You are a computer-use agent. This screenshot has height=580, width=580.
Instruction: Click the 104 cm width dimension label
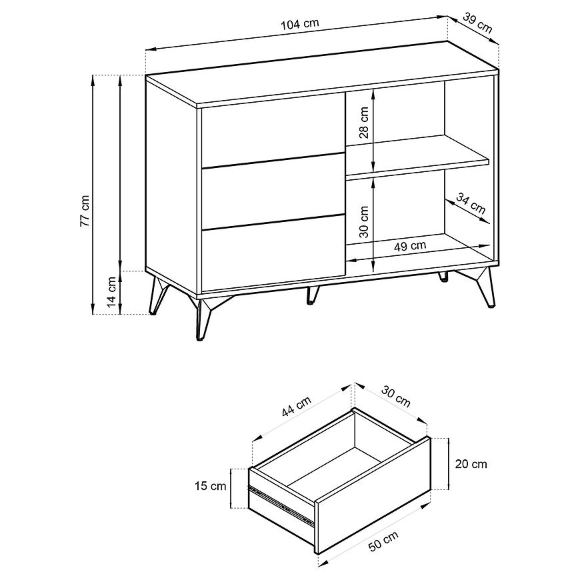click(299, 25)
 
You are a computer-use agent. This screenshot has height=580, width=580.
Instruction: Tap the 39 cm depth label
click(477, 23)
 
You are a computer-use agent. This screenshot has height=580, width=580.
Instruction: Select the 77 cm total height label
click(85, 211)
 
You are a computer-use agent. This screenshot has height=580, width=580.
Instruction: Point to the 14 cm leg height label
click(112, 292)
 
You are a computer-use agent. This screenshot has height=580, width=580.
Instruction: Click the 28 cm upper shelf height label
click(364, 123)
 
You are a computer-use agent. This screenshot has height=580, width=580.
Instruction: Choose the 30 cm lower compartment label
click(364, 222)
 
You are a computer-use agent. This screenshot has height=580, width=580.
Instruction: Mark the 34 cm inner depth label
click(471, 203)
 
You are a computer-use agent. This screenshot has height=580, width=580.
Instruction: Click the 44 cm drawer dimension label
click(296, 406)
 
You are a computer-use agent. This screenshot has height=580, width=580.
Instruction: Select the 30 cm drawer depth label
click(396, 396)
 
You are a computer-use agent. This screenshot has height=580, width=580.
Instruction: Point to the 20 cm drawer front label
click(471, 464)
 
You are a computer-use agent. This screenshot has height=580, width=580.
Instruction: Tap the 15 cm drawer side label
click(210, 486)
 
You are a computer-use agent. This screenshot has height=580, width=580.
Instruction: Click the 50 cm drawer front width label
click(383, 541)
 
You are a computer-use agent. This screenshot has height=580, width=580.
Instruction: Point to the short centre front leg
click(312, 295)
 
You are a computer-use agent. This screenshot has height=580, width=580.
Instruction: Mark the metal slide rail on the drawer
click(281, 505)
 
